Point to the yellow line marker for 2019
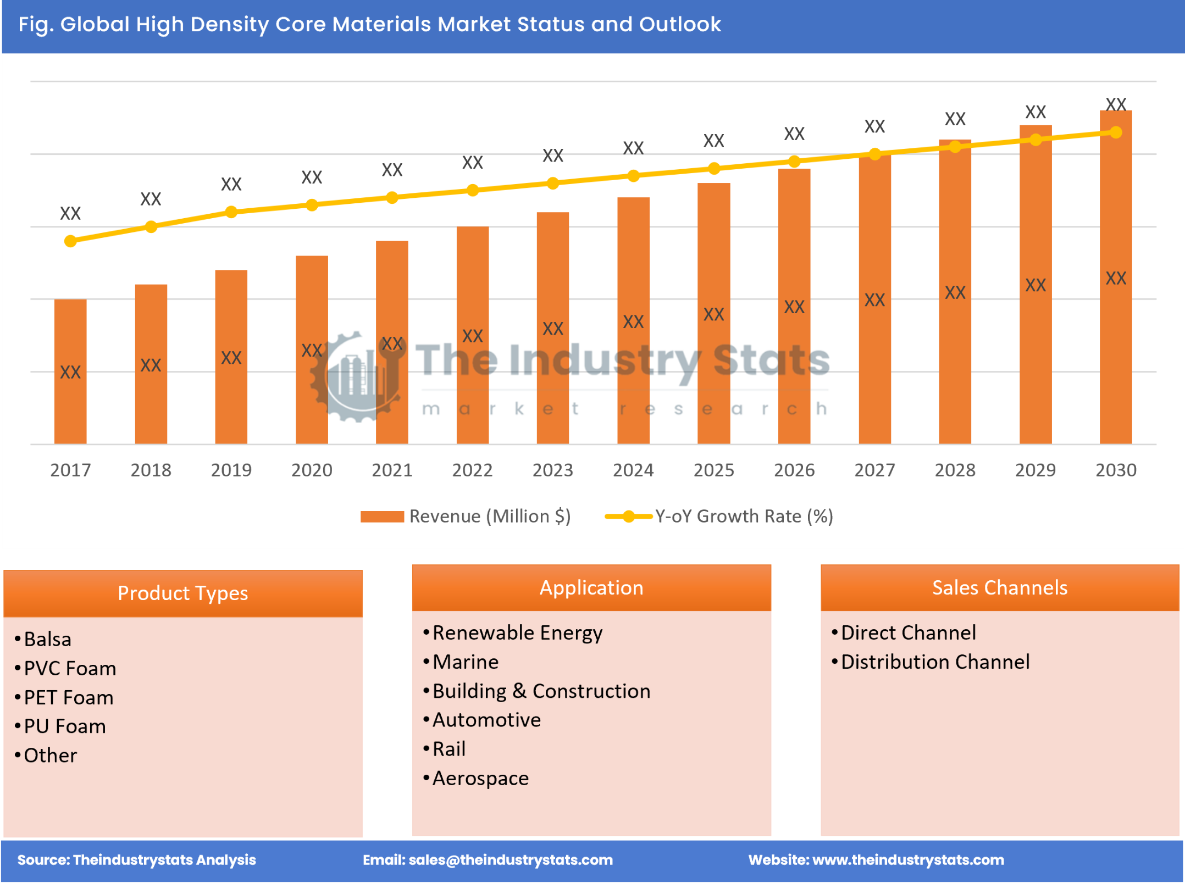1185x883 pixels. coord(231,212)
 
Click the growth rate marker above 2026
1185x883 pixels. coord(794,162)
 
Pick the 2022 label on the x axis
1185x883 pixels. coord(472,470)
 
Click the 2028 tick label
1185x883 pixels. coord(955,470)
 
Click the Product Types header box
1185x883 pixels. coord(182,593)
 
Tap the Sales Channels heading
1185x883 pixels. coord(999,587)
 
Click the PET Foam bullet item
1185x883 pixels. coord(69,697)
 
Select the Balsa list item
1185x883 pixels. coord(48,639)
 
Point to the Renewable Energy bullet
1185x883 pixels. coord(517,632)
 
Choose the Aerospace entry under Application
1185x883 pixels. coord(480,778)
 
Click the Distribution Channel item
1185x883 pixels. coord(935,662)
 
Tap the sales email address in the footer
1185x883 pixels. coord(511,859)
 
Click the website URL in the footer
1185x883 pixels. coord(908,859)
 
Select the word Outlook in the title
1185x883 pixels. coord(680,24)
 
